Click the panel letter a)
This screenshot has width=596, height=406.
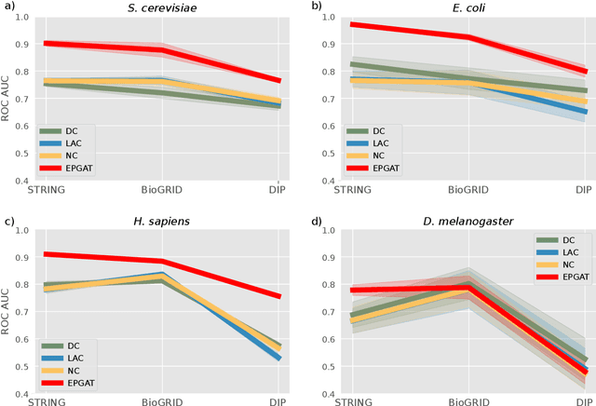point(7,7)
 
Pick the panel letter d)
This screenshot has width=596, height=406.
point(316,220)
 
